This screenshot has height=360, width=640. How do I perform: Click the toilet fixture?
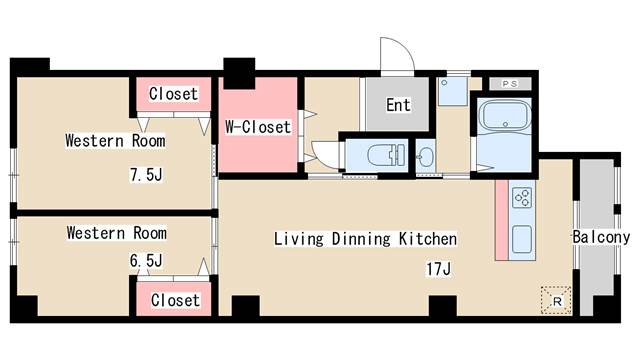coord(385,156)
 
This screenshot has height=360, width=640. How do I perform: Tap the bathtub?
coord(505,116)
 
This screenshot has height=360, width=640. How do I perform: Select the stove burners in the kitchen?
coord(523,198)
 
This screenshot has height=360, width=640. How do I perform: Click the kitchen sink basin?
coord(522,240)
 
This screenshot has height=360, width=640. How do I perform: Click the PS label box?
coord(510,84)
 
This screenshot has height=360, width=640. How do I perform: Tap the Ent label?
coord(398,105)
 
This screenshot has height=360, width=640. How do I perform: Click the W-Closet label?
coord(258,127)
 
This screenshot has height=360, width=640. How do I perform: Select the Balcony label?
coord(601,237)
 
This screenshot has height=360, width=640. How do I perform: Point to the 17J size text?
coord(438,269)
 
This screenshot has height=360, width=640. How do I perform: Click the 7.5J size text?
coord(146,175)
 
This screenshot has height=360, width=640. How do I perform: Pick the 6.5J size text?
coord(146,260)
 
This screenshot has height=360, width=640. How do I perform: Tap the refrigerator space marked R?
coord(556,301)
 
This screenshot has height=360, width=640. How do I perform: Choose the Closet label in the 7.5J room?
coord(173,94)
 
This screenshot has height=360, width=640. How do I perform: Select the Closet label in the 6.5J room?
coord(176,300)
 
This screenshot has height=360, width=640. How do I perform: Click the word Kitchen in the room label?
coord(428,239)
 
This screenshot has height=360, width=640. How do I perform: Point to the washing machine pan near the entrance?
coord(452,91)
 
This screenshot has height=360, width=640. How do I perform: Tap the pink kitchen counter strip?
coord(502,220)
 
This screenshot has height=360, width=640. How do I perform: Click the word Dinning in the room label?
coord(361,239)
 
